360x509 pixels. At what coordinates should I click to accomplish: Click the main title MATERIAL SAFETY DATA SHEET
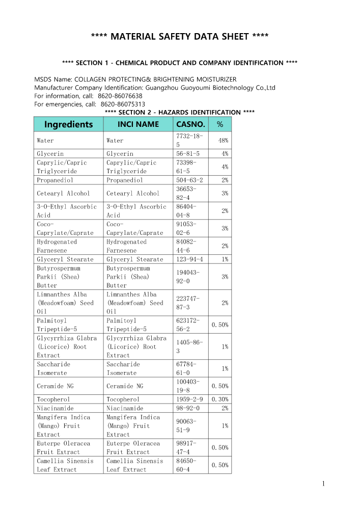point(180,36)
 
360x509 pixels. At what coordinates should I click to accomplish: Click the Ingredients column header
point(68,124)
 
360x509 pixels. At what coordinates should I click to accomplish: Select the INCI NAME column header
point(138,124)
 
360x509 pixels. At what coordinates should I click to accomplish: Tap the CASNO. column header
point(190,124)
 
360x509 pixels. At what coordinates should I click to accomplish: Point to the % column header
point(219,124)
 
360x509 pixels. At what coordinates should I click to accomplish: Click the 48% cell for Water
point(223,140)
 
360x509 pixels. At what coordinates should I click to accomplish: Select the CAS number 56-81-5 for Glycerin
point(187,153)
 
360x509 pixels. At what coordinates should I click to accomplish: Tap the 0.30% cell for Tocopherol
point(220,399)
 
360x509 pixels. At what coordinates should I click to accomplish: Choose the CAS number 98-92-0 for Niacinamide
point(187,408)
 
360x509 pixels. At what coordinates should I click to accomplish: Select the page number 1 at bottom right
point(324,484)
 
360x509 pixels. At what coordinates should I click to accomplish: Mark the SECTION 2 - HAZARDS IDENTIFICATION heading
point(179,112)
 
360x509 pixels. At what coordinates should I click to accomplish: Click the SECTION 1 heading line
point(179,63)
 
